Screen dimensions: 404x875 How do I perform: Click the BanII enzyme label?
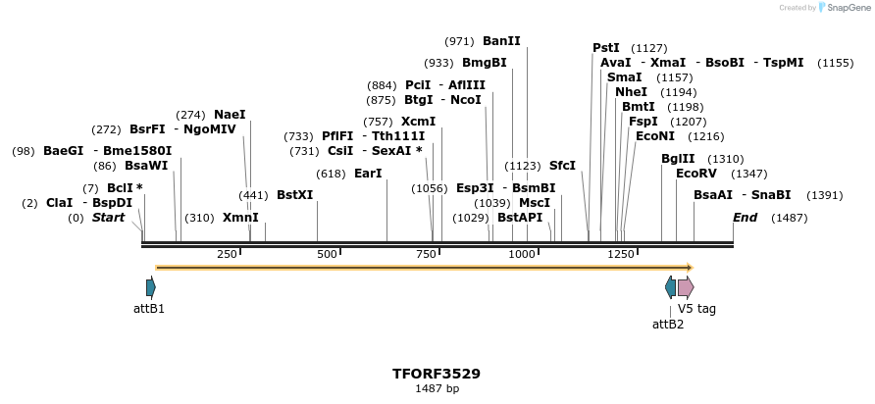coord(501,41)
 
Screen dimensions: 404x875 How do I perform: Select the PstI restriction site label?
coord(606,47)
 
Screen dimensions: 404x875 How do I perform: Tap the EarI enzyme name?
coord(368,174)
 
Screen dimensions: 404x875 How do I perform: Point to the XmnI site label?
coord(240,218)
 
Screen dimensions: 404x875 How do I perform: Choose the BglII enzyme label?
coord(677,159)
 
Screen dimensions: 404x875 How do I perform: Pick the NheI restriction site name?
coord(632,92)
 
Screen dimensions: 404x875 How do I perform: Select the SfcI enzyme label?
coord(562,166)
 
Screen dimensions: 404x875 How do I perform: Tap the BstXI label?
coord(294,195)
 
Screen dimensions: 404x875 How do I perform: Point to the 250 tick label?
coord(228,254)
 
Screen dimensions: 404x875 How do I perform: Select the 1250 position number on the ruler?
coord(621,254)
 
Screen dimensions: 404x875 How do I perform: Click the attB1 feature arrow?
coord(150,287)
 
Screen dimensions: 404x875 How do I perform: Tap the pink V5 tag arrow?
coord(686,287)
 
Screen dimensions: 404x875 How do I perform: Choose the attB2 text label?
coord(668,324)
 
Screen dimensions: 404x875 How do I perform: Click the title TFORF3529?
coord(437,374)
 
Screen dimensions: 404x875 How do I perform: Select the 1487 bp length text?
coord(437,389)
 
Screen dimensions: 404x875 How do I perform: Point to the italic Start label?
coord(108,218)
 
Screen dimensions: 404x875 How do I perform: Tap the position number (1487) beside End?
coord(790,218)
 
